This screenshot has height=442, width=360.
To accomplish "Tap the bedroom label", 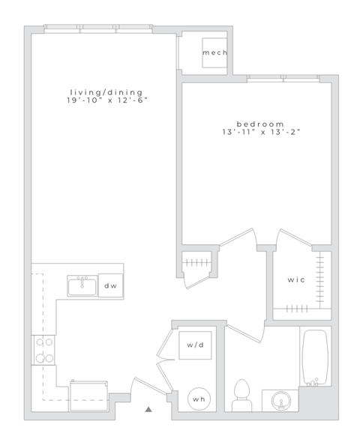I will point(260,124).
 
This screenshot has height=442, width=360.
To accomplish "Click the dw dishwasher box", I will point(110,285).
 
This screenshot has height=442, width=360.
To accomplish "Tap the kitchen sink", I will point(82,285).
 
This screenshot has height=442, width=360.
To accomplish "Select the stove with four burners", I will point(43,350).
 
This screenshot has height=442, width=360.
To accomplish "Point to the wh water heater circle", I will point(199,399).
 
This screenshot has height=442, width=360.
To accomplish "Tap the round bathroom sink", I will point(280,400).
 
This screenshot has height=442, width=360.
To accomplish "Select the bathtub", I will point(314,357).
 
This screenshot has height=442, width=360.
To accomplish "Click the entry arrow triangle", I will point(148,409).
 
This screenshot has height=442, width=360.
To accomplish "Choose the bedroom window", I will point(281,78).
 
